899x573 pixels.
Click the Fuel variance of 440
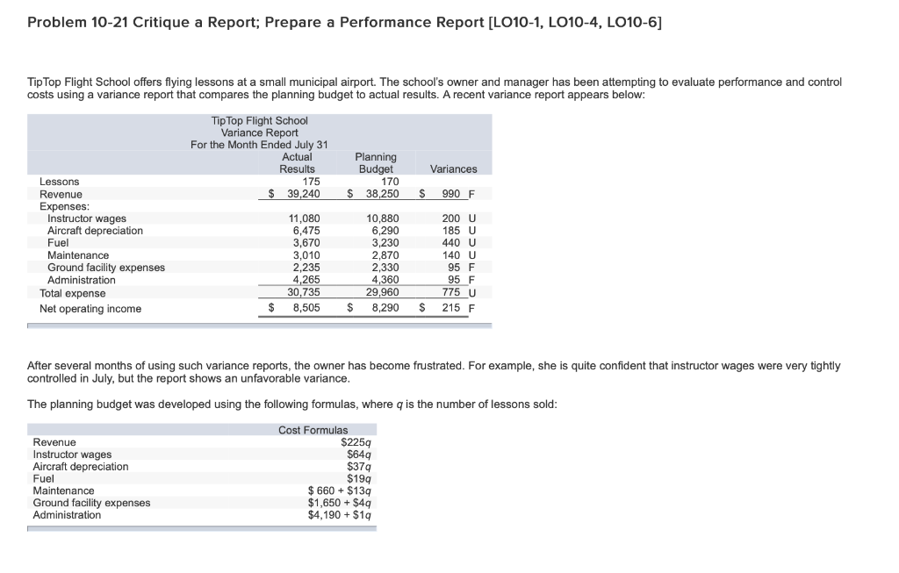(x=452, y=243)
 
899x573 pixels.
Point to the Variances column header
(x=453, y=169)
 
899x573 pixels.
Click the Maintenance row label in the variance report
(x=78, y=255)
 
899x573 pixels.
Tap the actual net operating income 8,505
(x=306, y=308)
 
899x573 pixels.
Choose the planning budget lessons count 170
(x=390, y=182)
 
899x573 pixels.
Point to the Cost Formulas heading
(x=313, y=430)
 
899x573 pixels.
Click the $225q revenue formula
(x=356, y=442)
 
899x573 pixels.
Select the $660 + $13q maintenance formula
(x=340, y=491)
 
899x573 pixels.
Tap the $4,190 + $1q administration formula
(x=340, y=515)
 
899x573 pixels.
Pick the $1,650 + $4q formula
(x=340, y=503)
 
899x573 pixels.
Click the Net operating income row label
(x=90, y=309)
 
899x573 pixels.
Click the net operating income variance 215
(x=452, y=308)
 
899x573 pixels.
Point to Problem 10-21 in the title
(x=80, y=22)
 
